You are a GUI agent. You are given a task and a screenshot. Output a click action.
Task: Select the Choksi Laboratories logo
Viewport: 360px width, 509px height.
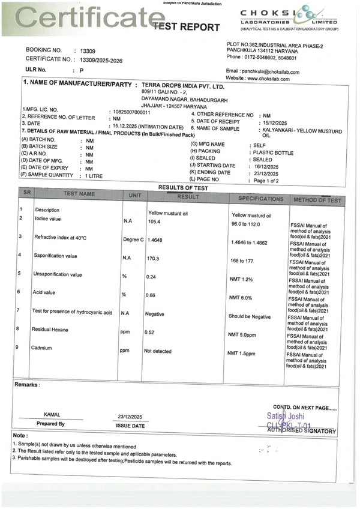[289, 18]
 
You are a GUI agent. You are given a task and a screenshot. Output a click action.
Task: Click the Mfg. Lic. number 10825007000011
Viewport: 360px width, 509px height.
[131, 112]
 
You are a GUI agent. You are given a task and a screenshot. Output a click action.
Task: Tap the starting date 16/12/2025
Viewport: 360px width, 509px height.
[268, 165]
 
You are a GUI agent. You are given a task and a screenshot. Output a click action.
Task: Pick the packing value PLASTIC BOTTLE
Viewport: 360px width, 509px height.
[273, 152]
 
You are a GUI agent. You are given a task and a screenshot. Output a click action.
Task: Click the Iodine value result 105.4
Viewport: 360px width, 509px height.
[155, 221]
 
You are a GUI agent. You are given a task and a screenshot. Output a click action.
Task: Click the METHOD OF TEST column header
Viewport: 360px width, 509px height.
[317, 200]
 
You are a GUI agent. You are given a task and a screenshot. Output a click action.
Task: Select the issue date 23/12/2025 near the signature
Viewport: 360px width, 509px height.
[130, 417]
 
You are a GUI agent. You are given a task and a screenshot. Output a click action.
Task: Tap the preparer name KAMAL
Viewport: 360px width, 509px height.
[52, 414]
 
